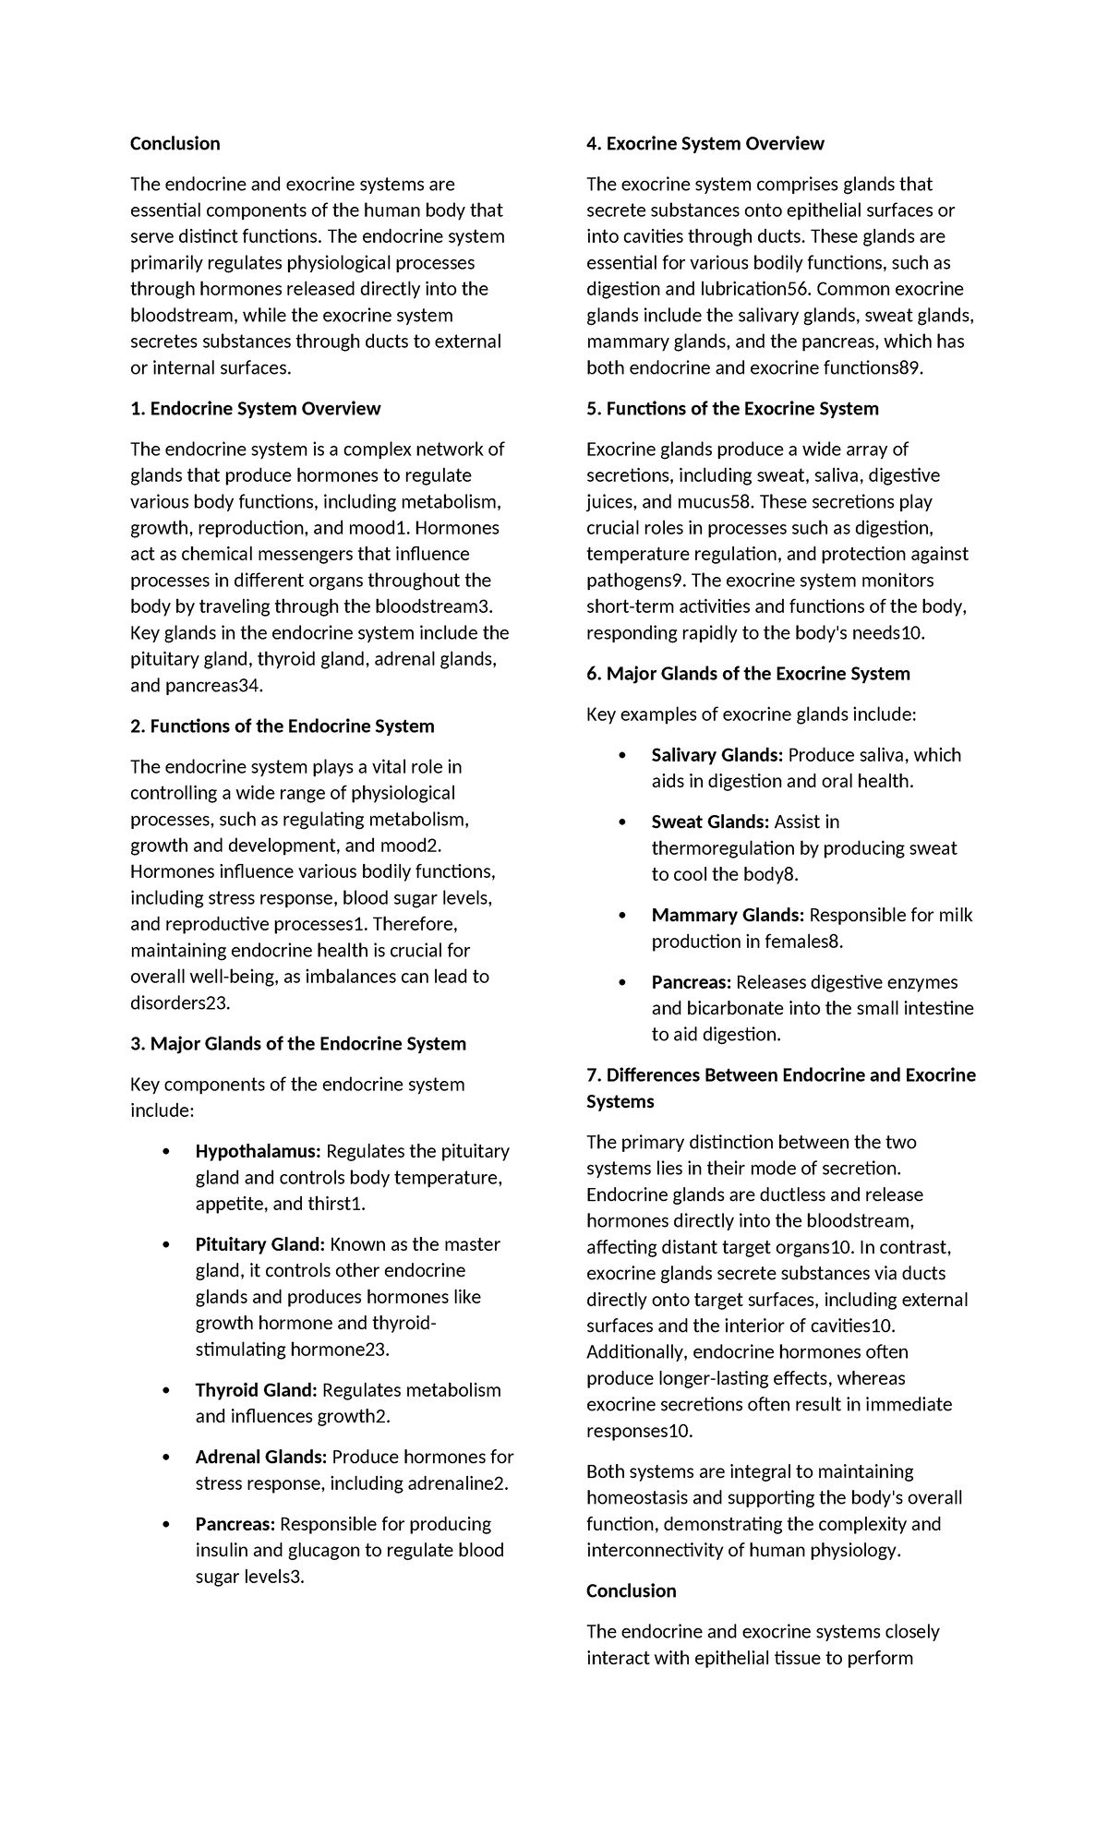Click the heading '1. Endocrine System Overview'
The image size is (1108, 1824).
tap(255, 409)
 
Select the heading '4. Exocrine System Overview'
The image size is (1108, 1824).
tap(705, 144)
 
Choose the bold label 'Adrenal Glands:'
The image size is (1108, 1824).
tap(260, 1457)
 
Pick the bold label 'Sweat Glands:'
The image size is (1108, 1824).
tap(709, 822)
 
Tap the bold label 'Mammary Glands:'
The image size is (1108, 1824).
tap(727, 916)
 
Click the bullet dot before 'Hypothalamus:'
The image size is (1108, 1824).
tap(166, 1152)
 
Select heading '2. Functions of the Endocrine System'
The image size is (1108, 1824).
tap(282, 726)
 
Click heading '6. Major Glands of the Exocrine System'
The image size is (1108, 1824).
tap(748, 674)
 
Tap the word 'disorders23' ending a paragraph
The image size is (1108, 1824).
tap(179, 1003)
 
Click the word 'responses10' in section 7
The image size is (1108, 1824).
tap(638, 1431)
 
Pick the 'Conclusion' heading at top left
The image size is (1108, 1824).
tap(175, 144)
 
